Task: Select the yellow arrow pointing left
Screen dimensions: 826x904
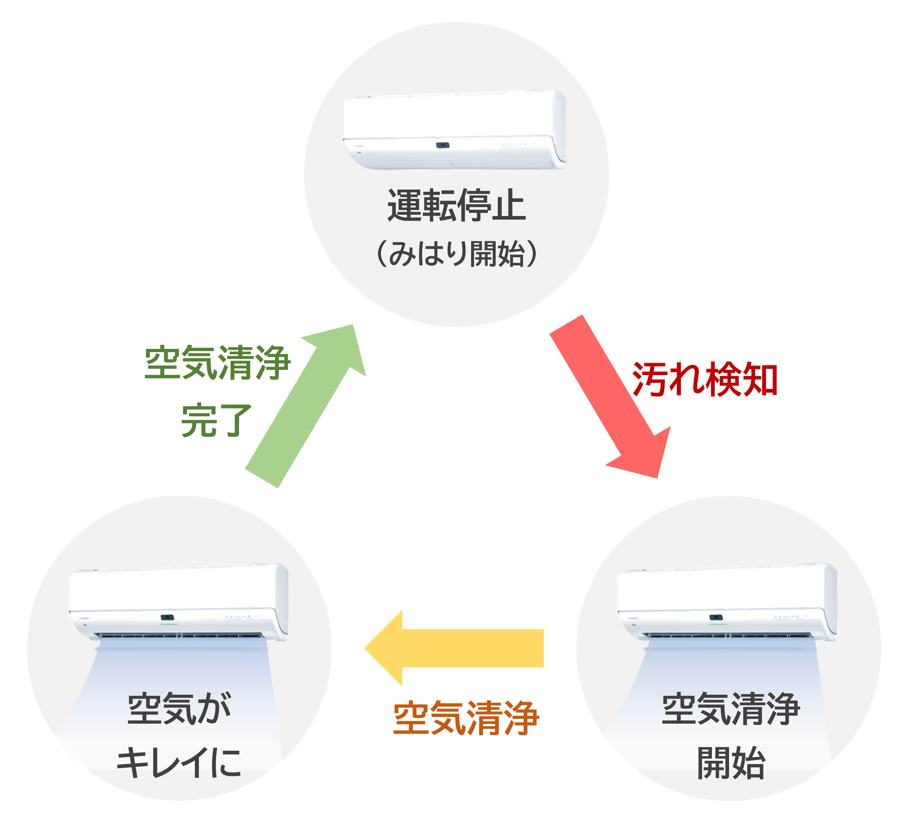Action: coord(453,648)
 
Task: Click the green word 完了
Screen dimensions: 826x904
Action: coord(216,420)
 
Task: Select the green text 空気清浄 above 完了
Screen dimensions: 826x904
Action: coord(217,362)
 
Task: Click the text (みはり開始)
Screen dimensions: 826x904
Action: coord(457,253)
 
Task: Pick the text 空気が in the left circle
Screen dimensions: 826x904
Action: coord(179,709)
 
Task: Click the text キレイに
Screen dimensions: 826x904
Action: coord(179,763)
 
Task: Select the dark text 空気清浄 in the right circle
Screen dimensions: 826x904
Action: coord(731,709)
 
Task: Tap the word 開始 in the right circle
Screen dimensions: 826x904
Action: coord(731,763)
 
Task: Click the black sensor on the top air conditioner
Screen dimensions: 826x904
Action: coord(443,145)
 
